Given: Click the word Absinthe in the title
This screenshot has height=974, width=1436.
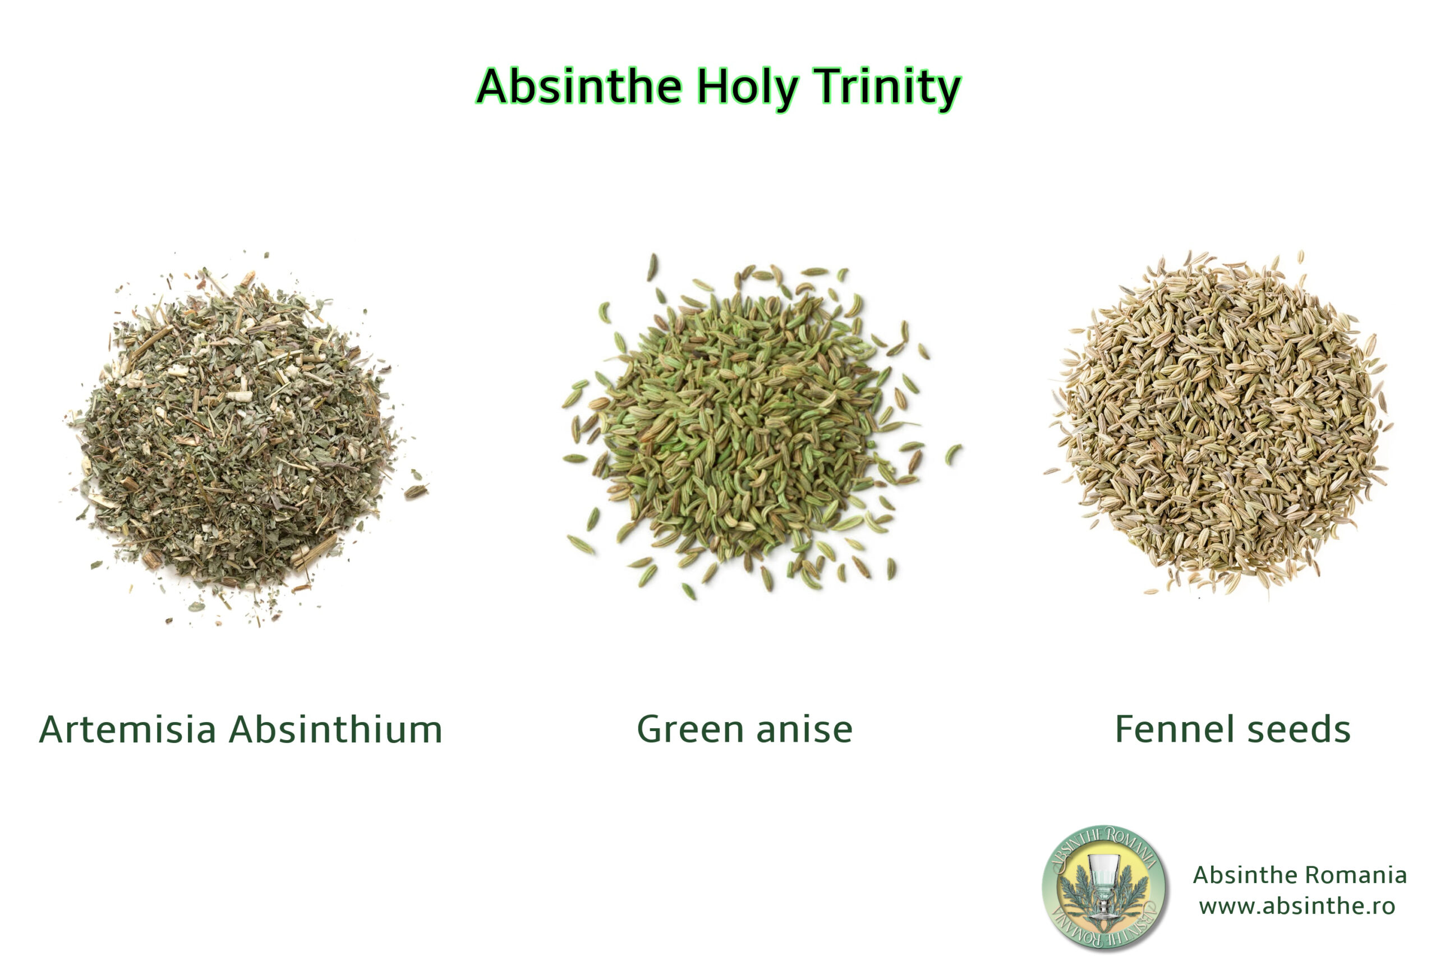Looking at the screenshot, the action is pos(579,86).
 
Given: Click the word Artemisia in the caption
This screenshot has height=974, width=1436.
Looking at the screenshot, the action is pos(127,729).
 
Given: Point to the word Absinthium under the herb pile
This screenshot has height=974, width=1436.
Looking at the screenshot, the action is pos(336,729).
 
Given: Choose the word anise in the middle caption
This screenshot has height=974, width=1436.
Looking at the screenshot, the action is pos(804,729).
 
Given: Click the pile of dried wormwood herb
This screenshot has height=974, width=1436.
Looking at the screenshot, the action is pos(241,439).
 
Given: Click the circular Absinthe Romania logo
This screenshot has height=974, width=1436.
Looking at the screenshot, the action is pos(1104,888).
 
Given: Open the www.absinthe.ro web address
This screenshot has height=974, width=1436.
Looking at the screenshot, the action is pos(1297,906).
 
